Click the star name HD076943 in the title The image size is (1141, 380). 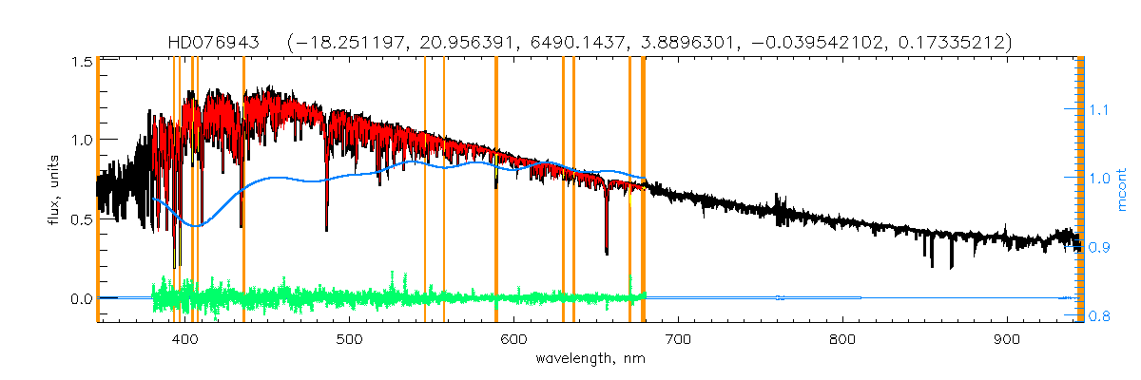point(220,43)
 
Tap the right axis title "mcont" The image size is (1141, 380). point(1123,190)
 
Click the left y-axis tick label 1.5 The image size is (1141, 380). point(81,62)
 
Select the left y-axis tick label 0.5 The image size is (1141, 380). point(81,219)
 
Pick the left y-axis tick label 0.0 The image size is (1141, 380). point(81,298)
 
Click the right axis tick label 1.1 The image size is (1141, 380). point(1099,110)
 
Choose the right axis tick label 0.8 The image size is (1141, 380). point(1099,315)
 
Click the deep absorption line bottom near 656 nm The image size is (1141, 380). point(607,254)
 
